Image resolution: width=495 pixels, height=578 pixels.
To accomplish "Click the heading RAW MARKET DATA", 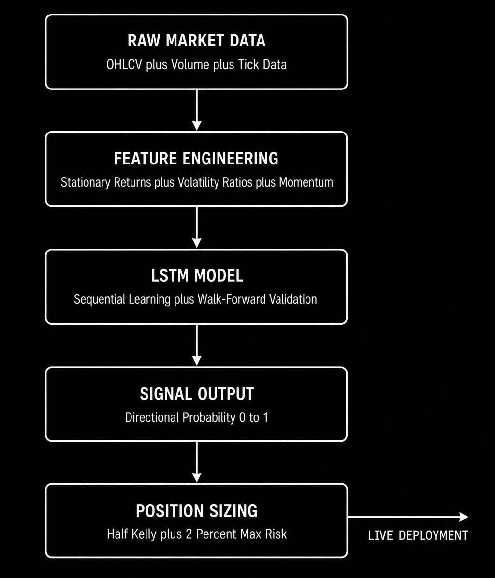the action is coord(196,41).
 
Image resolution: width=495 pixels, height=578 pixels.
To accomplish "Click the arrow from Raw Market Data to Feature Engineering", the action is coord(197,110).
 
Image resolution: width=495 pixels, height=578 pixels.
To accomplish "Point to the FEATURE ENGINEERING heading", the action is coord(196,159).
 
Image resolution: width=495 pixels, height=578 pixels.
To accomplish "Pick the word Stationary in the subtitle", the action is coord(86,182).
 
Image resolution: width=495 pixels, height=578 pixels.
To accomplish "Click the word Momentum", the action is coord(306,182).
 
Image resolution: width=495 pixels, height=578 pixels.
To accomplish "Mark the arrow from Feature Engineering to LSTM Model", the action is coord(197,227).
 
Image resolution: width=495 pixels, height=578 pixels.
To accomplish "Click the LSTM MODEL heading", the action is coord(197,276).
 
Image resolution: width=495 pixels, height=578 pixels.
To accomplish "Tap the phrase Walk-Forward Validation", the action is coord(257,299).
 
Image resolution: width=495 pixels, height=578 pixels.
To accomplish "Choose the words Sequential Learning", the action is coord(123,299).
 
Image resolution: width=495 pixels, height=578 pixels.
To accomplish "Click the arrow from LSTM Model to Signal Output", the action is coord(197,345).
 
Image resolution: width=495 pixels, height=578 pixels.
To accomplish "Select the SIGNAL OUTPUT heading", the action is coord(197,394).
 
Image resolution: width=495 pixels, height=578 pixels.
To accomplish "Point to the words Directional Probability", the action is coord(180,417).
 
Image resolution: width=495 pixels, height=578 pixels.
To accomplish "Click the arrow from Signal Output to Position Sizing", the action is coord(197,461).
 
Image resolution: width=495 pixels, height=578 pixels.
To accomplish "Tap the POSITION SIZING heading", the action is coord(197,511).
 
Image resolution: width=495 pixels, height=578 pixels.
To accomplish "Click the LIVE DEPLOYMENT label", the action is coord(418,535).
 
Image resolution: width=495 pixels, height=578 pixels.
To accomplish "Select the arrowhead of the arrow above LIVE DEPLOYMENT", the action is coord(464,517).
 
